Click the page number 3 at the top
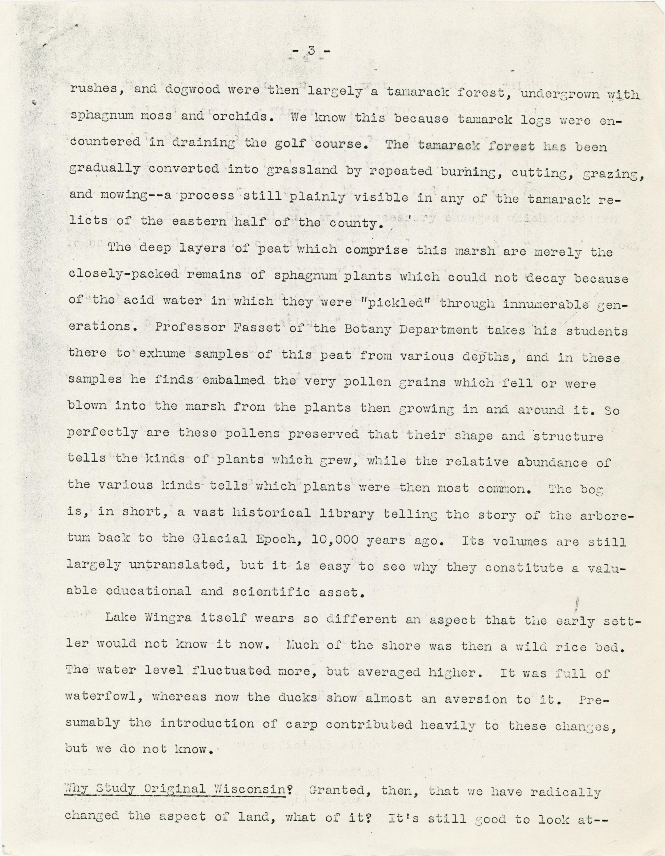[x=311, y=51]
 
